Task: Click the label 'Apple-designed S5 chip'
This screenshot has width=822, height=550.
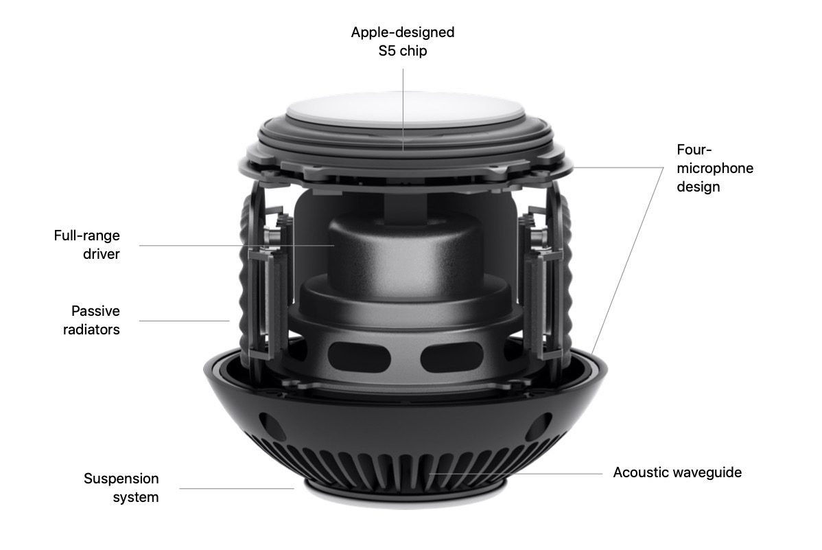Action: tap(403, 41)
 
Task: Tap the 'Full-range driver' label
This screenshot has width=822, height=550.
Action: tap(87, 244)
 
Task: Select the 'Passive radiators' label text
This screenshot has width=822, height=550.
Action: tap(92, 320)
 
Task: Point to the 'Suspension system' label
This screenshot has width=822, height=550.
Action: tap(121, 488)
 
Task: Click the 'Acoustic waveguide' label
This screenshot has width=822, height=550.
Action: tap(677, 472)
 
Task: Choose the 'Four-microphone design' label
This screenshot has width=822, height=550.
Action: tap(714, 168)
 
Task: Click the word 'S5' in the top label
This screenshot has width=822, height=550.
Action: tap(387, 51)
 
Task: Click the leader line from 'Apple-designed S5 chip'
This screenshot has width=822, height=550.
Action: tap(403, 109)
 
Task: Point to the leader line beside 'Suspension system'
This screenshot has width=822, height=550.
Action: tap(237, 489)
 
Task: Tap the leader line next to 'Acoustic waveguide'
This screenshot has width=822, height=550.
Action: tap(516, 473)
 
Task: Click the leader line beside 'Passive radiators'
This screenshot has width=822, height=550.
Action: tap(185, 321)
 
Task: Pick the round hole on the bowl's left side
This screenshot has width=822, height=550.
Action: tap(271, 426)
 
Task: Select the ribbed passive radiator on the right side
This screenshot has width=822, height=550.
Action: tap(563, 273)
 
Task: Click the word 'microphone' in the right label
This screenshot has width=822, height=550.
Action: tap(714, 168)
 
